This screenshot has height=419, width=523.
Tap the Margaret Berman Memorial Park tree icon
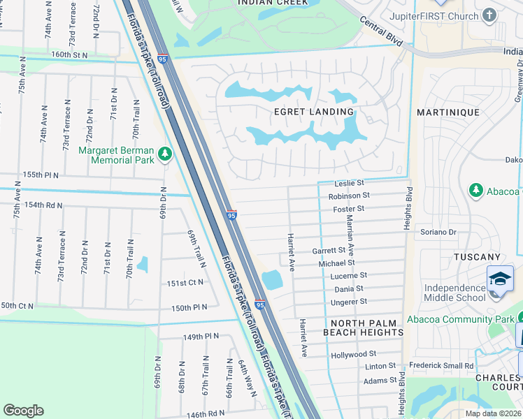coord(165,153)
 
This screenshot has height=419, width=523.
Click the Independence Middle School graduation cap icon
coord(500,279)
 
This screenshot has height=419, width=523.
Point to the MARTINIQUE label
coord(448,112)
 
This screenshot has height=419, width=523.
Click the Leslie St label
coord(350,184)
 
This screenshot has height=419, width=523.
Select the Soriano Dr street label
coord(438,232)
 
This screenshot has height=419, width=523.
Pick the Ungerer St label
coord(350,302)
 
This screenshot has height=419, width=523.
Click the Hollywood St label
coord(354,354)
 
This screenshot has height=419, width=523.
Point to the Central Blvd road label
coord(382,33)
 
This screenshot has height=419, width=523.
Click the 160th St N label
coord(70,54)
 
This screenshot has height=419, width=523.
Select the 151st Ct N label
coord(185,283)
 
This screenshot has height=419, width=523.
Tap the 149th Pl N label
coord(201,336)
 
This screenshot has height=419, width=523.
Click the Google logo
coord(24,411)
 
